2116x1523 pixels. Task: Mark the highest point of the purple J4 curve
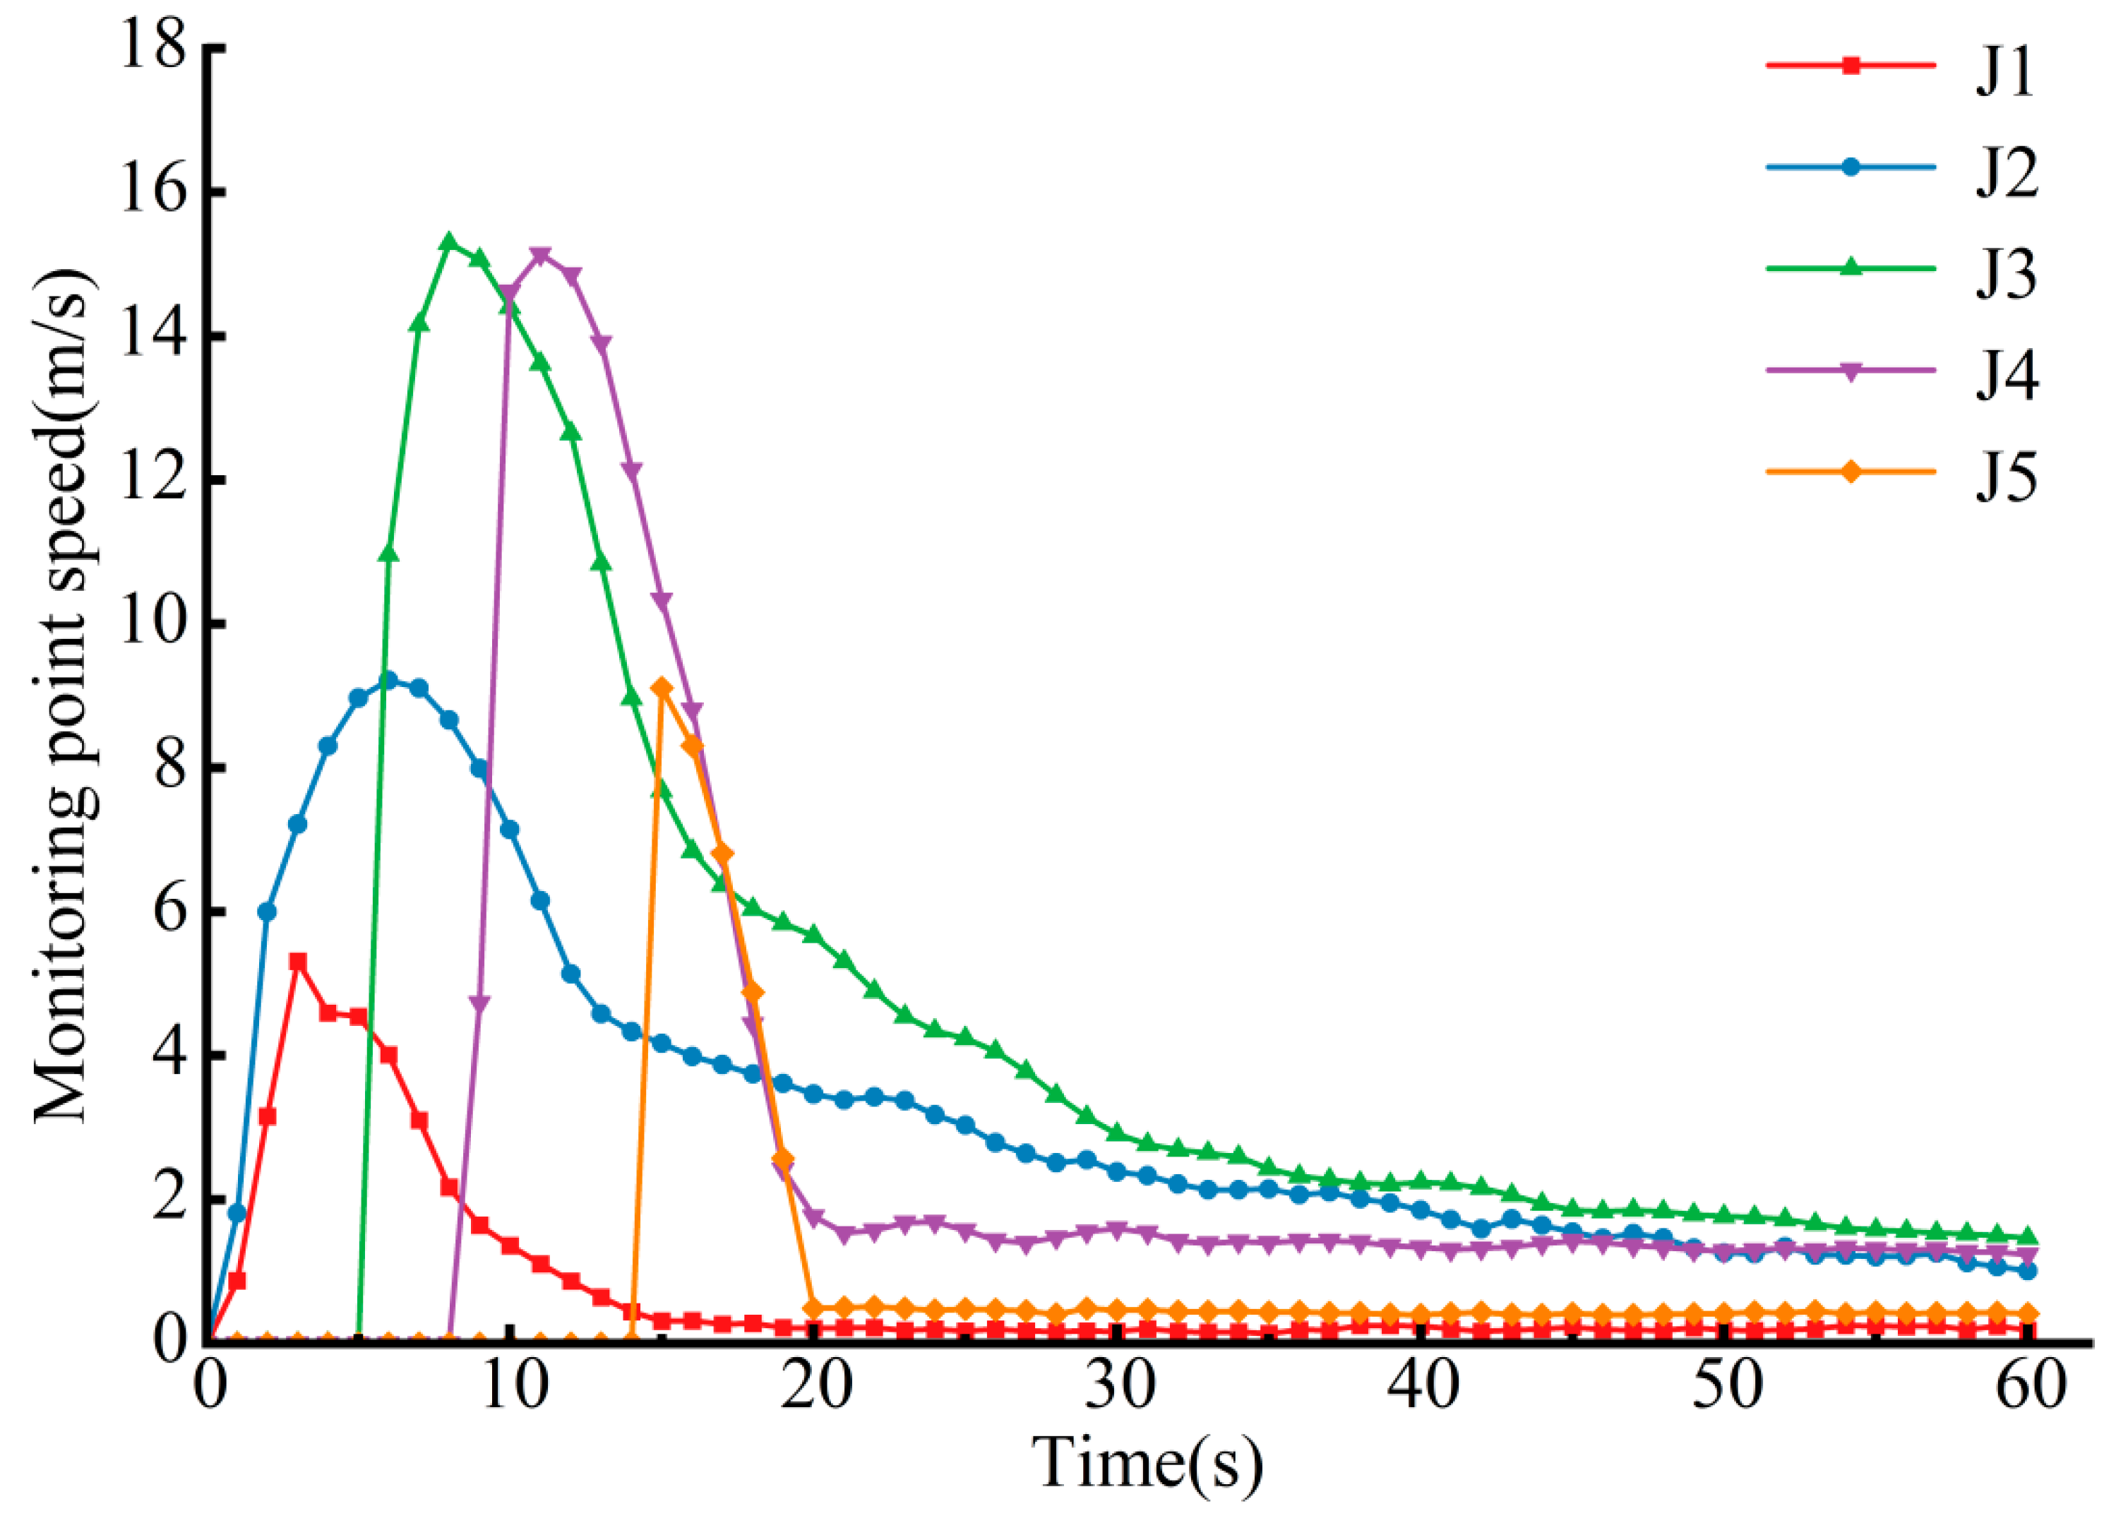[x=540, y=255]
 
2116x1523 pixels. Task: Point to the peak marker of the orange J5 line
[x=662, y=688]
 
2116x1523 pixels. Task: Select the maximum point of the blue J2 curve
[x=389, y=681]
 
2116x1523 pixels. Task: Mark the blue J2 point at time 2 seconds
[x=267, y=912]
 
